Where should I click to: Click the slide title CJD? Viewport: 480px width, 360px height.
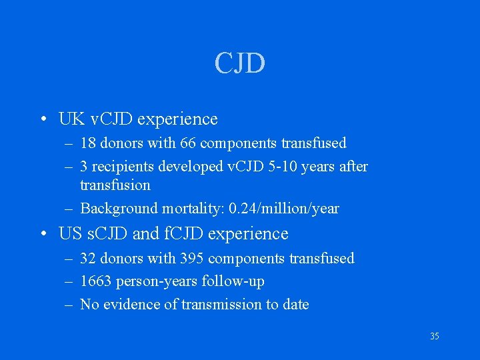240,63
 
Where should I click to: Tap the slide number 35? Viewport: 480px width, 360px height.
434,336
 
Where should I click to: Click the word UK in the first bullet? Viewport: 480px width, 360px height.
71,119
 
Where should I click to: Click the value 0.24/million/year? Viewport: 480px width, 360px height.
284,209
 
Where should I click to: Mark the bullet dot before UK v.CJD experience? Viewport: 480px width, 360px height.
42,120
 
